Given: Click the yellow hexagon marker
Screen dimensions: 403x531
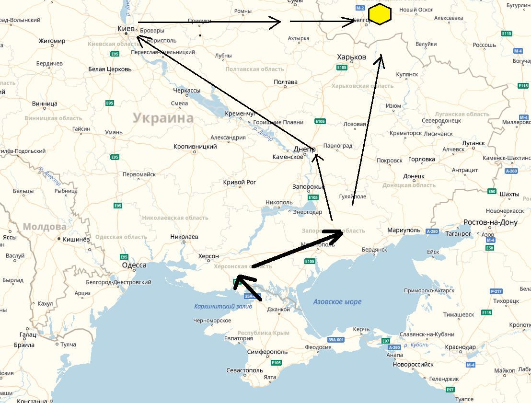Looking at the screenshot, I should [x=380, y=14].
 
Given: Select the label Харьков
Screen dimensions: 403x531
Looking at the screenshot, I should [x=351, y=57].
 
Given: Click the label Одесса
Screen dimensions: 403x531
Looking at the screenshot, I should [x=134, y=265].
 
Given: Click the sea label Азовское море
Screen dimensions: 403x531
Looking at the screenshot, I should [x=337, y=302].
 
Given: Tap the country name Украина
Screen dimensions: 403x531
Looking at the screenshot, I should [x=163, y=118].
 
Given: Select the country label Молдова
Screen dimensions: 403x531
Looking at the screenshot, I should [x=45, y=227].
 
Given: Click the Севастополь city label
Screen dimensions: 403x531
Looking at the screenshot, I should [x=244, y=370].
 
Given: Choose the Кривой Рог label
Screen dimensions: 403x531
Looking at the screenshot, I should [x=240, y=182].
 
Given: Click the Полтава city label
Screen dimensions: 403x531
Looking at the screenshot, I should [x=286, y=82].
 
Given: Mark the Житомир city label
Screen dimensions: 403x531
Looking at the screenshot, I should [x=52, y=41].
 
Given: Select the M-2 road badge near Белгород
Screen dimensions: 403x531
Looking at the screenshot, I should [x=360, y=8].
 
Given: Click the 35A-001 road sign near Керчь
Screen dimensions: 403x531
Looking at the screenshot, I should [x=336, y=340].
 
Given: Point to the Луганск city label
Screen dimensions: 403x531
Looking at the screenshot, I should [x=473, y=143].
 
